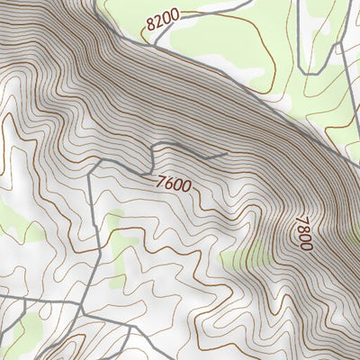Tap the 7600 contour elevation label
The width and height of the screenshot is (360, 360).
coord(173,184)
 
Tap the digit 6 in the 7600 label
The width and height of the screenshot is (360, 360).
coord(168,182)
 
